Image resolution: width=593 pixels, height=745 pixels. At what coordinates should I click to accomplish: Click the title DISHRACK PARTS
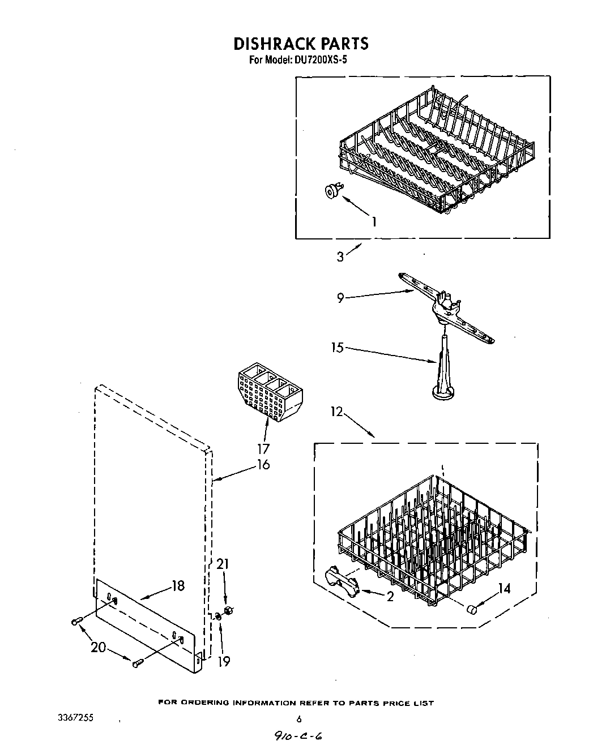[x=301, y=44]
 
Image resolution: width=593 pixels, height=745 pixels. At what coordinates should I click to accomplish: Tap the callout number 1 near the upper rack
[x=373, y=222]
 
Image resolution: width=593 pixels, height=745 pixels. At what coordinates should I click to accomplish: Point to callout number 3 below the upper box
[x=340, y=256]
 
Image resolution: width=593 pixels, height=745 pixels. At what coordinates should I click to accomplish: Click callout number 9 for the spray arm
[x=340, y=297]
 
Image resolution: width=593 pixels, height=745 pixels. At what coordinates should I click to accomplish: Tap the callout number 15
[x=338, y=348]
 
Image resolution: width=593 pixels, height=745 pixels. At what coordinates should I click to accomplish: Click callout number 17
[x=263, y=449]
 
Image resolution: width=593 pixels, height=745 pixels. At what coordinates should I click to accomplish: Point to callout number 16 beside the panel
[x=263, y=465]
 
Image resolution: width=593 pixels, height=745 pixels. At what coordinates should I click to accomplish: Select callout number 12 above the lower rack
[x=337, y=412]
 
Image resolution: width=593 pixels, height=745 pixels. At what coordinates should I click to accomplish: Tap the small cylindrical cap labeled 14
[x=471, y=609]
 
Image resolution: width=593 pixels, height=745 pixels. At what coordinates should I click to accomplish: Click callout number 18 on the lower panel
[x=178, y=586]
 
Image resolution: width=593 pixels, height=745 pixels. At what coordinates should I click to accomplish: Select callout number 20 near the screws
[x=99, y=646]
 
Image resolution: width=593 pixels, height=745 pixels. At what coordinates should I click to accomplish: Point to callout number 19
[x=224, y=661]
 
